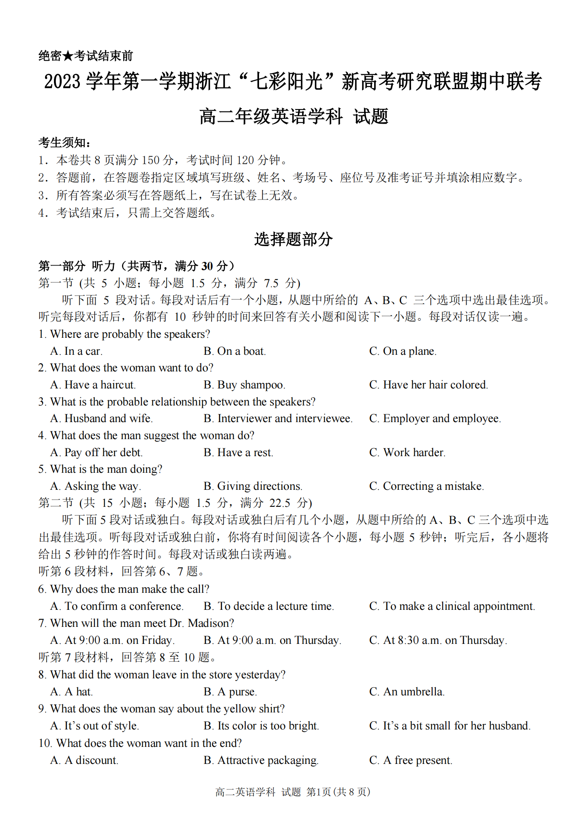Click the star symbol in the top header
(x=68, y=56)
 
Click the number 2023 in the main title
(x=62, y=82)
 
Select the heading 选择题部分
(x=293, y=239)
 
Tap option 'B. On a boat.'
(x=234, y=351)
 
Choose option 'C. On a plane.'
(x=403, y=351)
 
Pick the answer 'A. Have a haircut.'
(x=93, y=385)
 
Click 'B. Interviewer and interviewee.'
(x=278, y=418)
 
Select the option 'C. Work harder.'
(x=407, y=453)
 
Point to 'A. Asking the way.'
(x=96, y=486)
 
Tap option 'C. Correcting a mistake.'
(x=426, y=486)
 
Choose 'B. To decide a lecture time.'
(x=268, y=606)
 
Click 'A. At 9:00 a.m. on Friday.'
(x=112, y=640)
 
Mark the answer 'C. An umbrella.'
(x=407, y=692)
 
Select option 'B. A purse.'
(x=230, y=692)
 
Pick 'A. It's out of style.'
(x=94, y=726)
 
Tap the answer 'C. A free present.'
(x=410, y=760)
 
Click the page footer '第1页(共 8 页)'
(x=338, y=792)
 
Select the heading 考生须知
(x=64, y=143)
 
